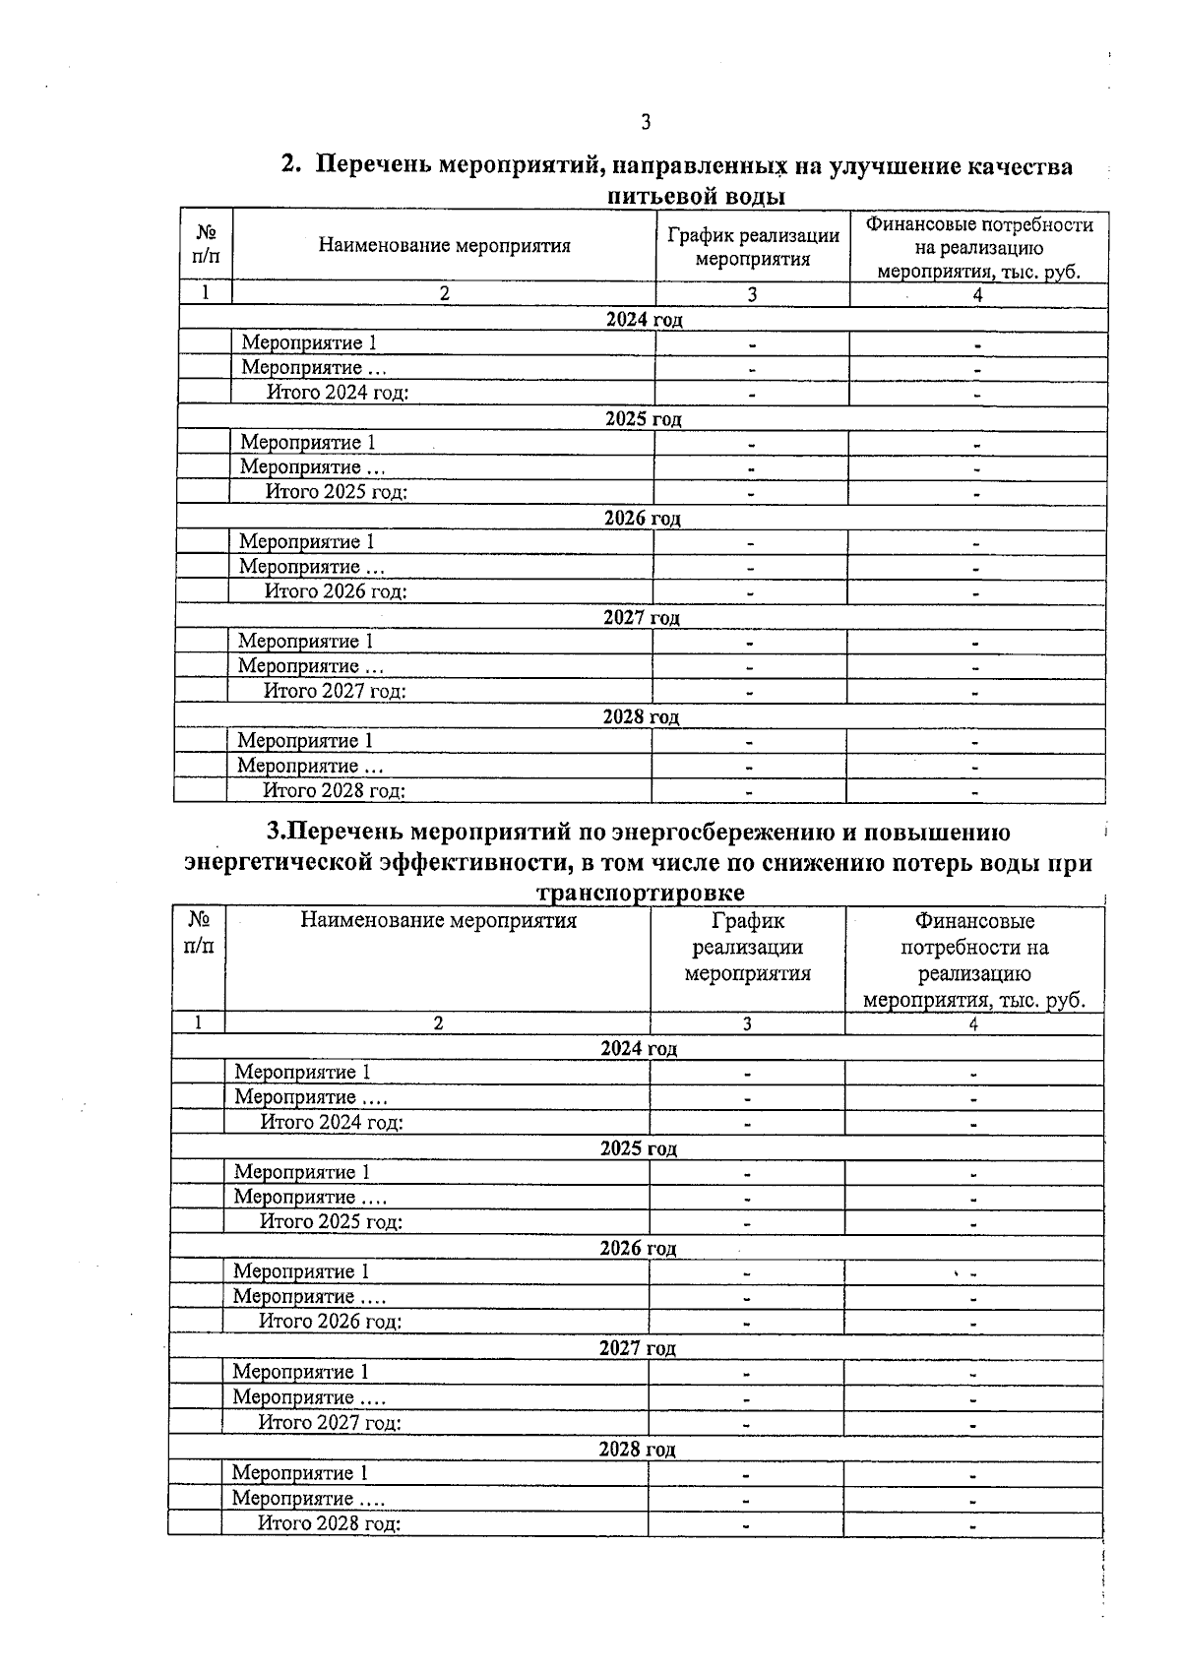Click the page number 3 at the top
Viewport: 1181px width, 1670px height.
tap(646, 123)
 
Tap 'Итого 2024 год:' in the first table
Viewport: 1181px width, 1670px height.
tap(337, 393)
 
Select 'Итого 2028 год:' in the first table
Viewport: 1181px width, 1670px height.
tap(334, 790)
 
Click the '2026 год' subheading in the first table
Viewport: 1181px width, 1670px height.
tap(642, 519)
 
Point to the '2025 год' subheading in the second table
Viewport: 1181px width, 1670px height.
tap(638, 1148)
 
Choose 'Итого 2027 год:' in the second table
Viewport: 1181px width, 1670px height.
tap(330, 1422)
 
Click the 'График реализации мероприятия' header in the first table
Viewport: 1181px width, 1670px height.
tap(753, 247)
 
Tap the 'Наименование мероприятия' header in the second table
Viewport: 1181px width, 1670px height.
tap(438, 921)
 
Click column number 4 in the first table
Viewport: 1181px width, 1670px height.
tap(977, 294)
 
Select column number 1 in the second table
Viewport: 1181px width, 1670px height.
tap(198, 1023)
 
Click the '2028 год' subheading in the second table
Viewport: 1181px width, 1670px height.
tap(637, 1449)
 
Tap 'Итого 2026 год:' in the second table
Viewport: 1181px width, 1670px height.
tap(331, 1322)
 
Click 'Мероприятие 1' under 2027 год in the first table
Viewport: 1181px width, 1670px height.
tap(305, 642)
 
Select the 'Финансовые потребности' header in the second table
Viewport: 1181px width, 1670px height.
tap(974, 959)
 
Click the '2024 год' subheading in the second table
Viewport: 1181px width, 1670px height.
tap(639, 1049)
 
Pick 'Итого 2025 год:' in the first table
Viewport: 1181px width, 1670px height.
tap(336, 492)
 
